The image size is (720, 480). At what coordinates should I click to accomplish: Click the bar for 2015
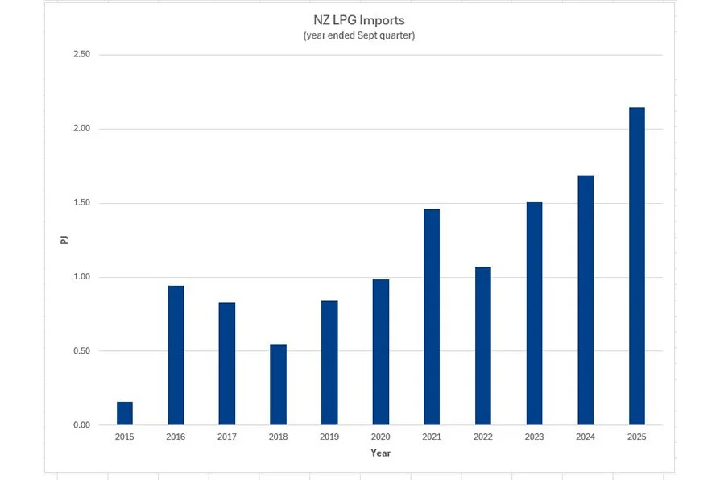[x=125, y=413]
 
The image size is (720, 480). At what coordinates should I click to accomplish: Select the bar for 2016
[x=176, y=355]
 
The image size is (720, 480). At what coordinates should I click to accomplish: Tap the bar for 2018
[x=278, y=384]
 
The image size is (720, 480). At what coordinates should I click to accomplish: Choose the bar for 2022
[x=482, y=346]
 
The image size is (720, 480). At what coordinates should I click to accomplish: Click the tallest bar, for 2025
[x=636, y=266]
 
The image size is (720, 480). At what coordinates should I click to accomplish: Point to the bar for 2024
[x=586, y=300]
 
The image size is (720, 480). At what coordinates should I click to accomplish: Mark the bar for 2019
[x=329, y=362]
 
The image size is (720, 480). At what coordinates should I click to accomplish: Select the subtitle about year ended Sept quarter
[x=359, y=36]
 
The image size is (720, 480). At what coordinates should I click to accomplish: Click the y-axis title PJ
[x=65, y=239]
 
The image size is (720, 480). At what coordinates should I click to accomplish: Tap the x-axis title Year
[x=380, y=453]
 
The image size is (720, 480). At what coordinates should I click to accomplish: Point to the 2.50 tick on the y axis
[x=81, y=55]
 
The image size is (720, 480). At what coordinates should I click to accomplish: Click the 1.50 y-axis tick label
[x=81, y=203]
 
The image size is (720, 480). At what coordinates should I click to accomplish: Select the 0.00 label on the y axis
[x=81, y=425]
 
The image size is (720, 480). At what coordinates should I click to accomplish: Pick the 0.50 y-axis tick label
[x=81, y=351]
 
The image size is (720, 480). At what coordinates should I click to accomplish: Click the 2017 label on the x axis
[x=227, y=437]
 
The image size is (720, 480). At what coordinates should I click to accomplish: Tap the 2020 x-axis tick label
[x=380, y=437]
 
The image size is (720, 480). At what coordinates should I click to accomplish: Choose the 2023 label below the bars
[x=534, y=437]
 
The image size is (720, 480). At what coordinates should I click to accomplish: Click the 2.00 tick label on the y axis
[x=81, y=129]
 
